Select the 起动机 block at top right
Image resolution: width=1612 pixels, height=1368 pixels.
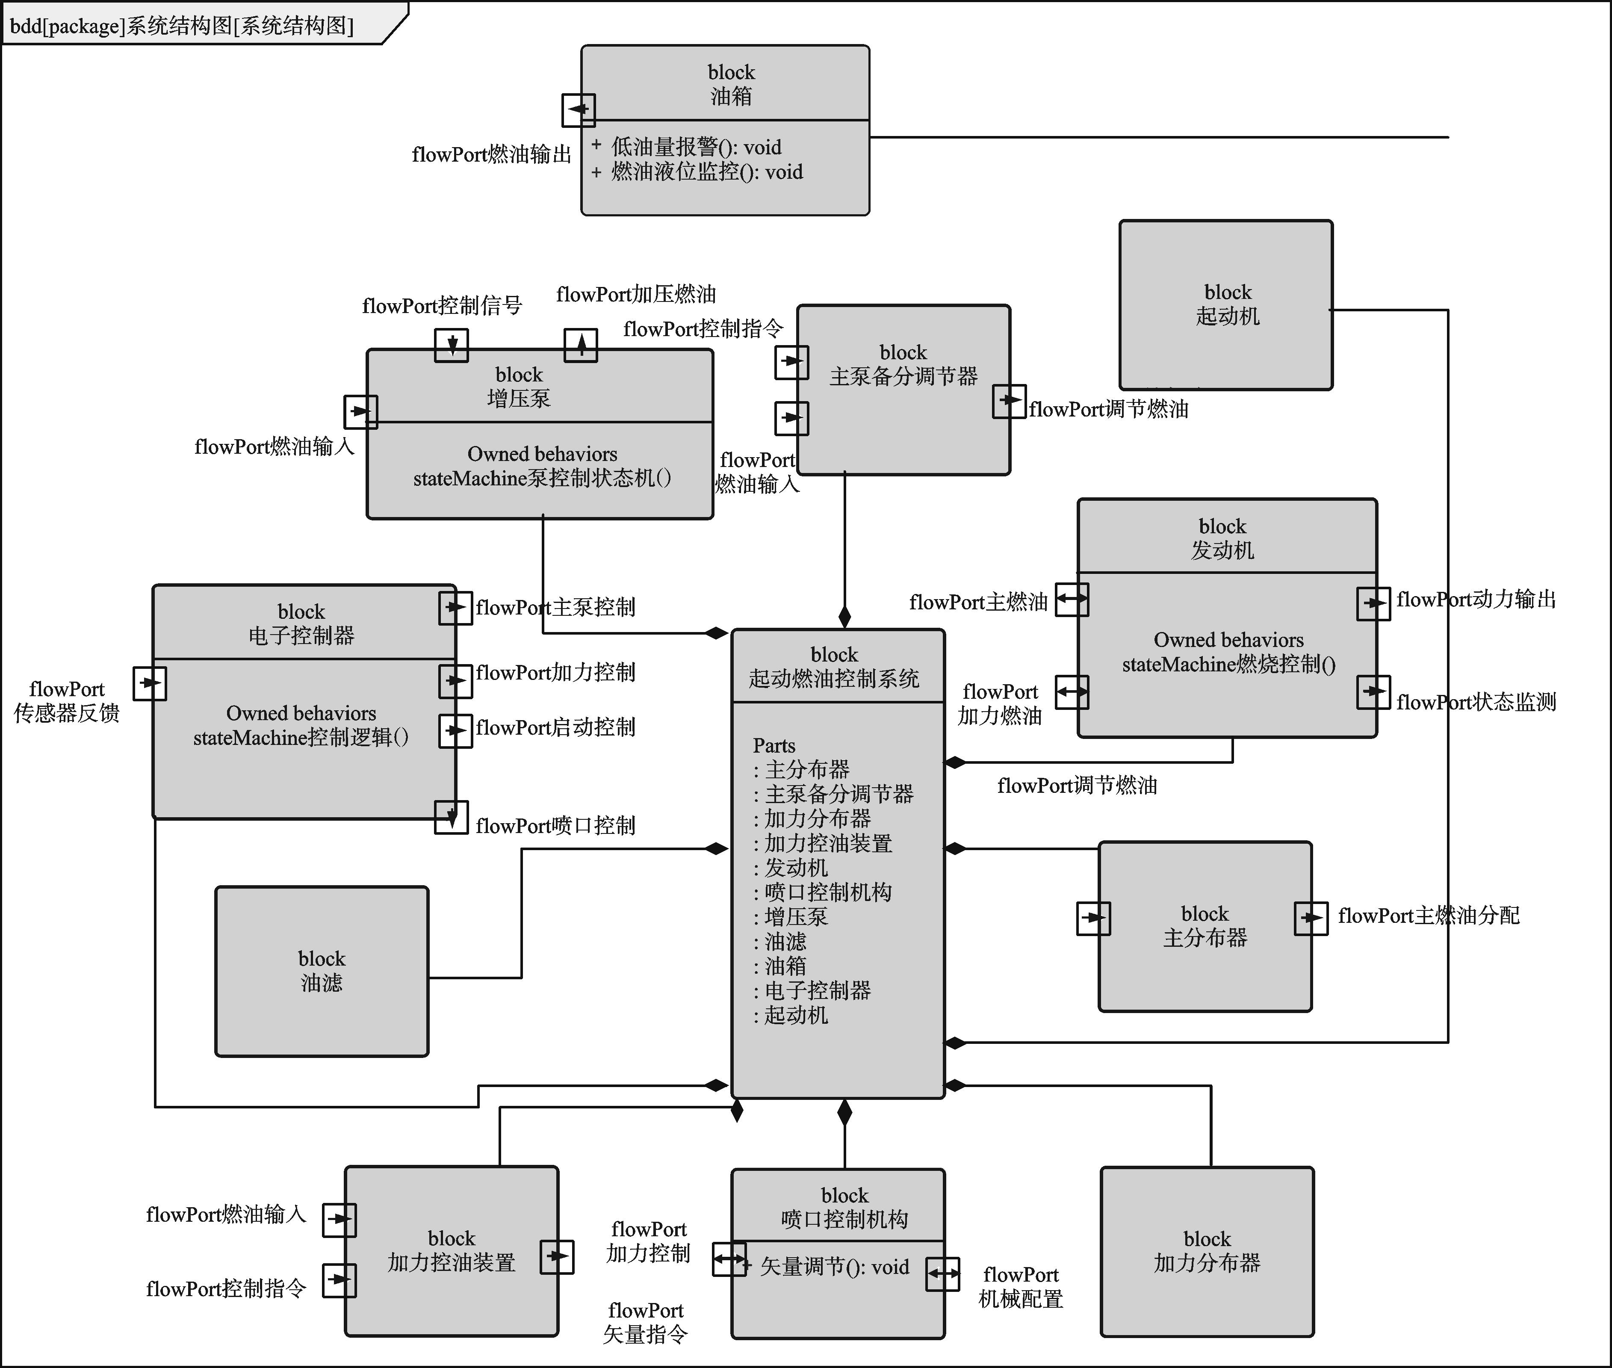pos(1226,305)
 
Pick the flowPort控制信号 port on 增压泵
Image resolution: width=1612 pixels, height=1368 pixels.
pos(451,344)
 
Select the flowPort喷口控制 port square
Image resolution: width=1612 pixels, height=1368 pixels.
pos(451,817)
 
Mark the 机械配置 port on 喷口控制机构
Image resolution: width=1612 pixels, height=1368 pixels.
pos(943,1274)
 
